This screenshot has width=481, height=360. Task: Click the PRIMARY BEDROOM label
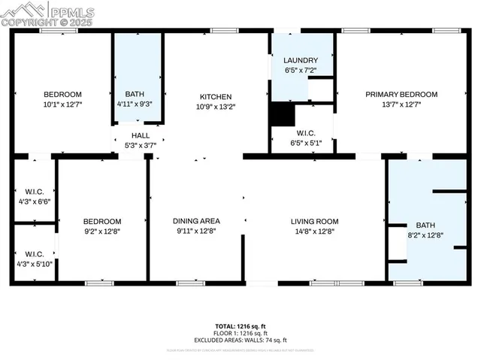(x=401, y=94)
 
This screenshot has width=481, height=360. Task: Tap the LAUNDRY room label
(x=300, y=60)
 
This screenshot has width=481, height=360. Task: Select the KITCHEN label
(x=215, y=96)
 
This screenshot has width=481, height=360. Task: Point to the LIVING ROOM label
(x=315, y=221)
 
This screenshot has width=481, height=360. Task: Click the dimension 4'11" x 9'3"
(x=135, y=103)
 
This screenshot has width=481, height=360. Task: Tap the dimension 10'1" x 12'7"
(x=62, y=104)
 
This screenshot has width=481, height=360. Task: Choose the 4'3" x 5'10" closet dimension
(x=34, y=263)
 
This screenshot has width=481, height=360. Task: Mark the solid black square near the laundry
(x=282, y=114)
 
